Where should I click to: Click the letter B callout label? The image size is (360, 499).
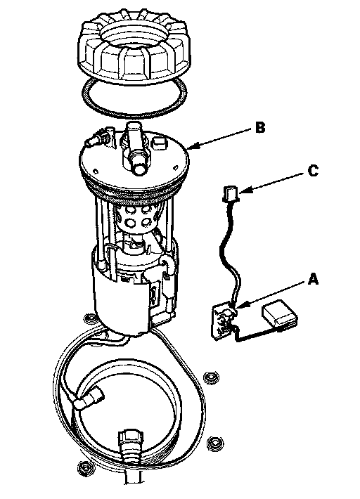[x=260, y=127]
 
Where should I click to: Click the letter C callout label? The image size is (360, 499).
[x=313, y=171]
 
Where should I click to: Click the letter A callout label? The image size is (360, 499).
[x=313, y=279]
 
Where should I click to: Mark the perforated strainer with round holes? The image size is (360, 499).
[x=136, y=216]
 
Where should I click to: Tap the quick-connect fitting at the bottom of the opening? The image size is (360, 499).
[x=131, y=446]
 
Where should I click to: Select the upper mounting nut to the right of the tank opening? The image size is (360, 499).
[x=211, y=377]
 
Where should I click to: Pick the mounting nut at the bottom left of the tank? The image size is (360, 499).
[x=84, y=467]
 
